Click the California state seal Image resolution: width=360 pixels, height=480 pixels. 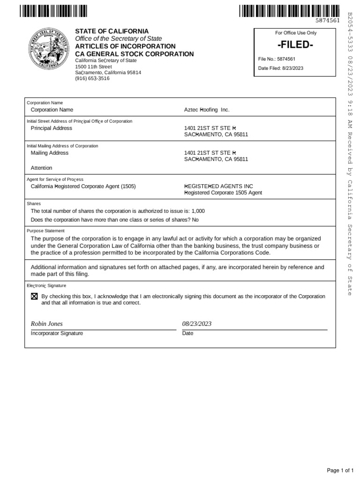click(48, 49)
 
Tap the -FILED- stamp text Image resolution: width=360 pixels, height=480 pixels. click(294, 46)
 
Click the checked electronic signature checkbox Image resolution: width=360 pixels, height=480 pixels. click(34, 297)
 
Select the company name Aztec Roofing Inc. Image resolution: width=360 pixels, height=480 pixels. click(207, 110)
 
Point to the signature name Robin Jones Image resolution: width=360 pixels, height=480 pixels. click(46, 324)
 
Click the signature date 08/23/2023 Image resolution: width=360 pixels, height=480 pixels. click(197, 324)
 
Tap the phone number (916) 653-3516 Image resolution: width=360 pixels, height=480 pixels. click(92, 79)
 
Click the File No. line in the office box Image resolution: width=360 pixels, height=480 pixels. click(277, 59)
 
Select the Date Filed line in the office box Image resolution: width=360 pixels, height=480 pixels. click(281, 68)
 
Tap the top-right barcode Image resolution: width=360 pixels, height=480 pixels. click(289, 10)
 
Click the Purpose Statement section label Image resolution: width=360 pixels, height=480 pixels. click(45, 231)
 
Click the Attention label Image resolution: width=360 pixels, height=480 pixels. click(41, 168)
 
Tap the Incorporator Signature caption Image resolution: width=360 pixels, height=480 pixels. click(57, 333)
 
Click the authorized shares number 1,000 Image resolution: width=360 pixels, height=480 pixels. click(198, 211)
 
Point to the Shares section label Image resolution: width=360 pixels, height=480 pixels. click(34, 204)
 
